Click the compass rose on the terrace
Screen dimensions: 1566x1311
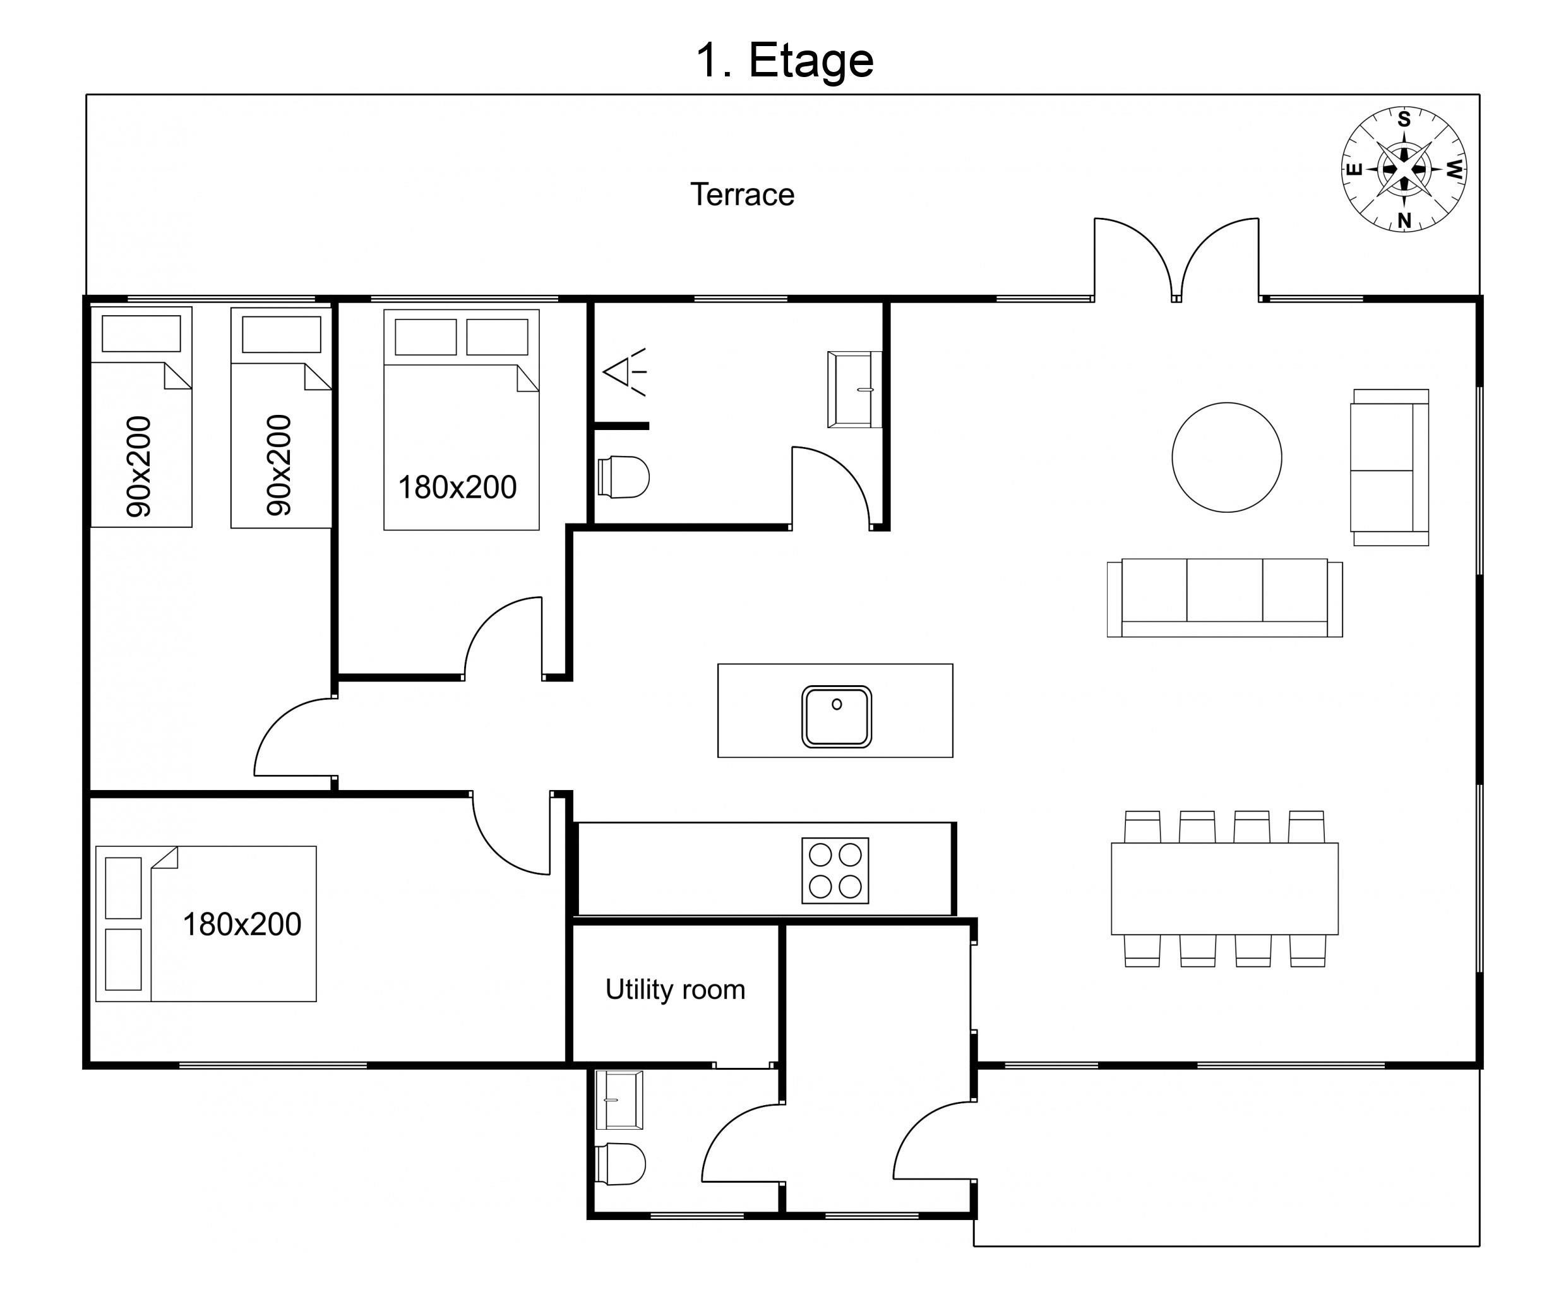[x=1404, y=169]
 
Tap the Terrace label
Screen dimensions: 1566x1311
[x=742, y=195]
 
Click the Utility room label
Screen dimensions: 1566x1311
[x=675, y=990]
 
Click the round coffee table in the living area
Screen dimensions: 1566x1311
[x=1227, y=457]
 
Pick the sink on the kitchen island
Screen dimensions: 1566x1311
[x=837, y=717]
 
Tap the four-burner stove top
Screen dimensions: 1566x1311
[x=835, y=870]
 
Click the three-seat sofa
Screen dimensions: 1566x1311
[x=1224, y=597]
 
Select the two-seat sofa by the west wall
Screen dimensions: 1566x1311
[x=1390, y=467]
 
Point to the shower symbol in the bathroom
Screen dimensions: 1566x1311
[x=625, y=371]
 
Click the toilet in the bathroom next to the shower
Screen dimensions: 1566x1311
[x=623, y=477]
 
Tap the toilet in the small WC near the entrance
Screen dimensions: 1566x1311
[x=621, y=1163]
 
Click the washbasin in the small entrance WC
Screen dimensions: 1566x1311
[x=619, y=1100]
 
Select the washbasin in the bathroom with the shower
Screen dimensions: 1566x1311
[x=854, y=389]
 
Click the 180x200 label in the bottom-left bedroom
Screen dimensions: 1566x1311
[x=242, y=925]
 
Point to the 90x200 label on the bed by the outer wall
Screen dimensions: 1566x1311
[x=140, y=466]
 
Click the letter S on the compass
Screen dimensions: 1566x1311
[x=1404, y=119]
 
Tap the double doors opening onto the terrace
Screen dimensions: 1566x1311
[x=1177, y=260]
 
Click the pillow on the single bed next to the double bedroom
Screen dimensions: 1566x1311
[x=281, y=334]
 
